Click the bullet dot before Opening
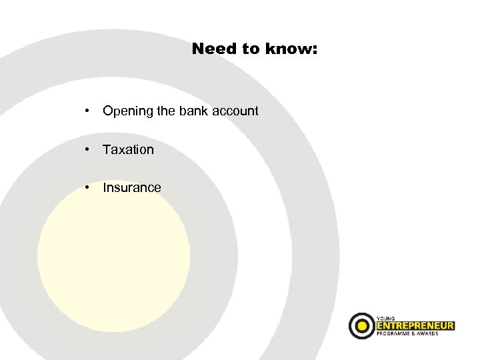pos(87,111)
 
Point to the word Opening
pos(127,111)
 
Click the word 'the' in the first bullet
pos(165,111)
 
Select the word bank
pos(193,111)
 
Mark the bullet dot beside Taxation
pos(87,149)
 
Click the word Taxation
pos(128,149)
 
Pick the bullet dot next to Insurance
pos(87,187)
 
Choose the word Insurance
pos(131,187)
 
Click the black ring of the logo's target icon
pos(353,326)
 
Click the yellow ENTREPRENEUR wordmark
pos(415,325)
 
